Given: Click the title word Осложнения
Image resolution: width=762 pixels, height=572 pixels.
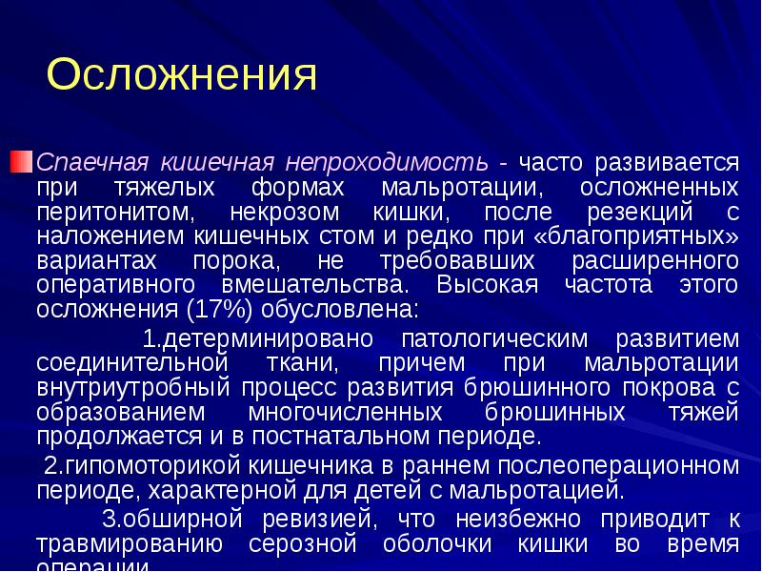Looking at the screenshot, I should point(181,74).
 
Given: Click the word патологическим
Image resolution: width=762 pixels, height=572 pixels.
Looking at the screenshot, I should point(496,338).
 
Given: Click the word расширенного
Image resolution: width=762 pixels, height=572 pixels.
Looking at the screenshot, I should point(655,259).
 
